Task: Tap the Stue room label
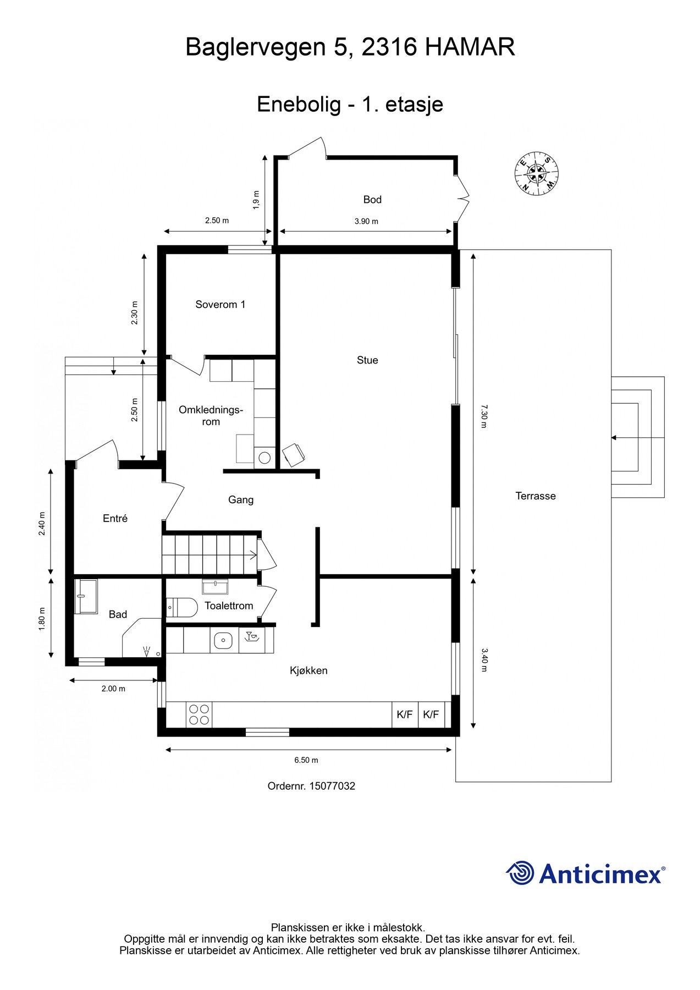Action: coord(367,360)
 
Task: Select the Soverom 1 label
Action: coord(220,305)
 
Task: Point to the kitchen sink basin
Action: coord(224,640)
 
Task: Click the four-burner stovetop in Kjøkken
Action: coord(199,714)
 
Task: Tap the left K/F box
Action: coord(405,714)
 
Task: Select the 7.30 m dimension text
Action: coord(483,416)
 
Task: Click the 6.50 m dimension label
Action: coord(306,760)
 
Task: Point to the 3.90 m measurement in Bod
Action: coord(366,222)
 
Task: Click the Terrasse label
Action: coord(535,496)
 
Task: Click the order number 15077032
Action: coord(332,786)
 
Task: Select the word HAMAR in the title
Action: coord(470,47)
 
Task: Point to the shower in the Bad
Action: coord(86,596)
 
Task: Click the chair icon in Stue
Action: coord(293,455)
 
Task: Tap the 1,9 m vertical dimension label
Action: coord(256,200)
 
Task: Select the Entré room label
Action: coord(115,519)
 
